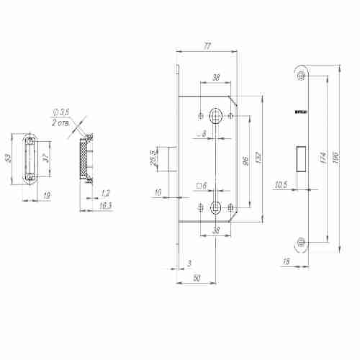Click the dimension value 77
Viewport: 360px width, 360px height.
(x=207, y=46)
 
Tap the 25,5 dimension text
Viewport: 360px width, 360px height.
(x=153, y=158)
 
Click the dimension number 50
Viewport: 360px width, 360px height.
(x=196, y=279)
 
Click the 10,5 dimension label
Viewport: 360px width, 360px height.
(x=282, y=185)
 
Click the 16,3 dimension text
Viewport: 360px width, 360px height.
(x=106, y=205)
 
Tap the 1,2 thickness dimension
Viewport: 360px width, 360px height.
(x=106, y=193)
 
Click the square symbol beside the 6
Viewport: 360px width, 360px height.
(x=198, y=186)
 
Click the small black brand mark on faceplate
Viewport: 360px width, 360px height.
(x=302, y=112)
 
